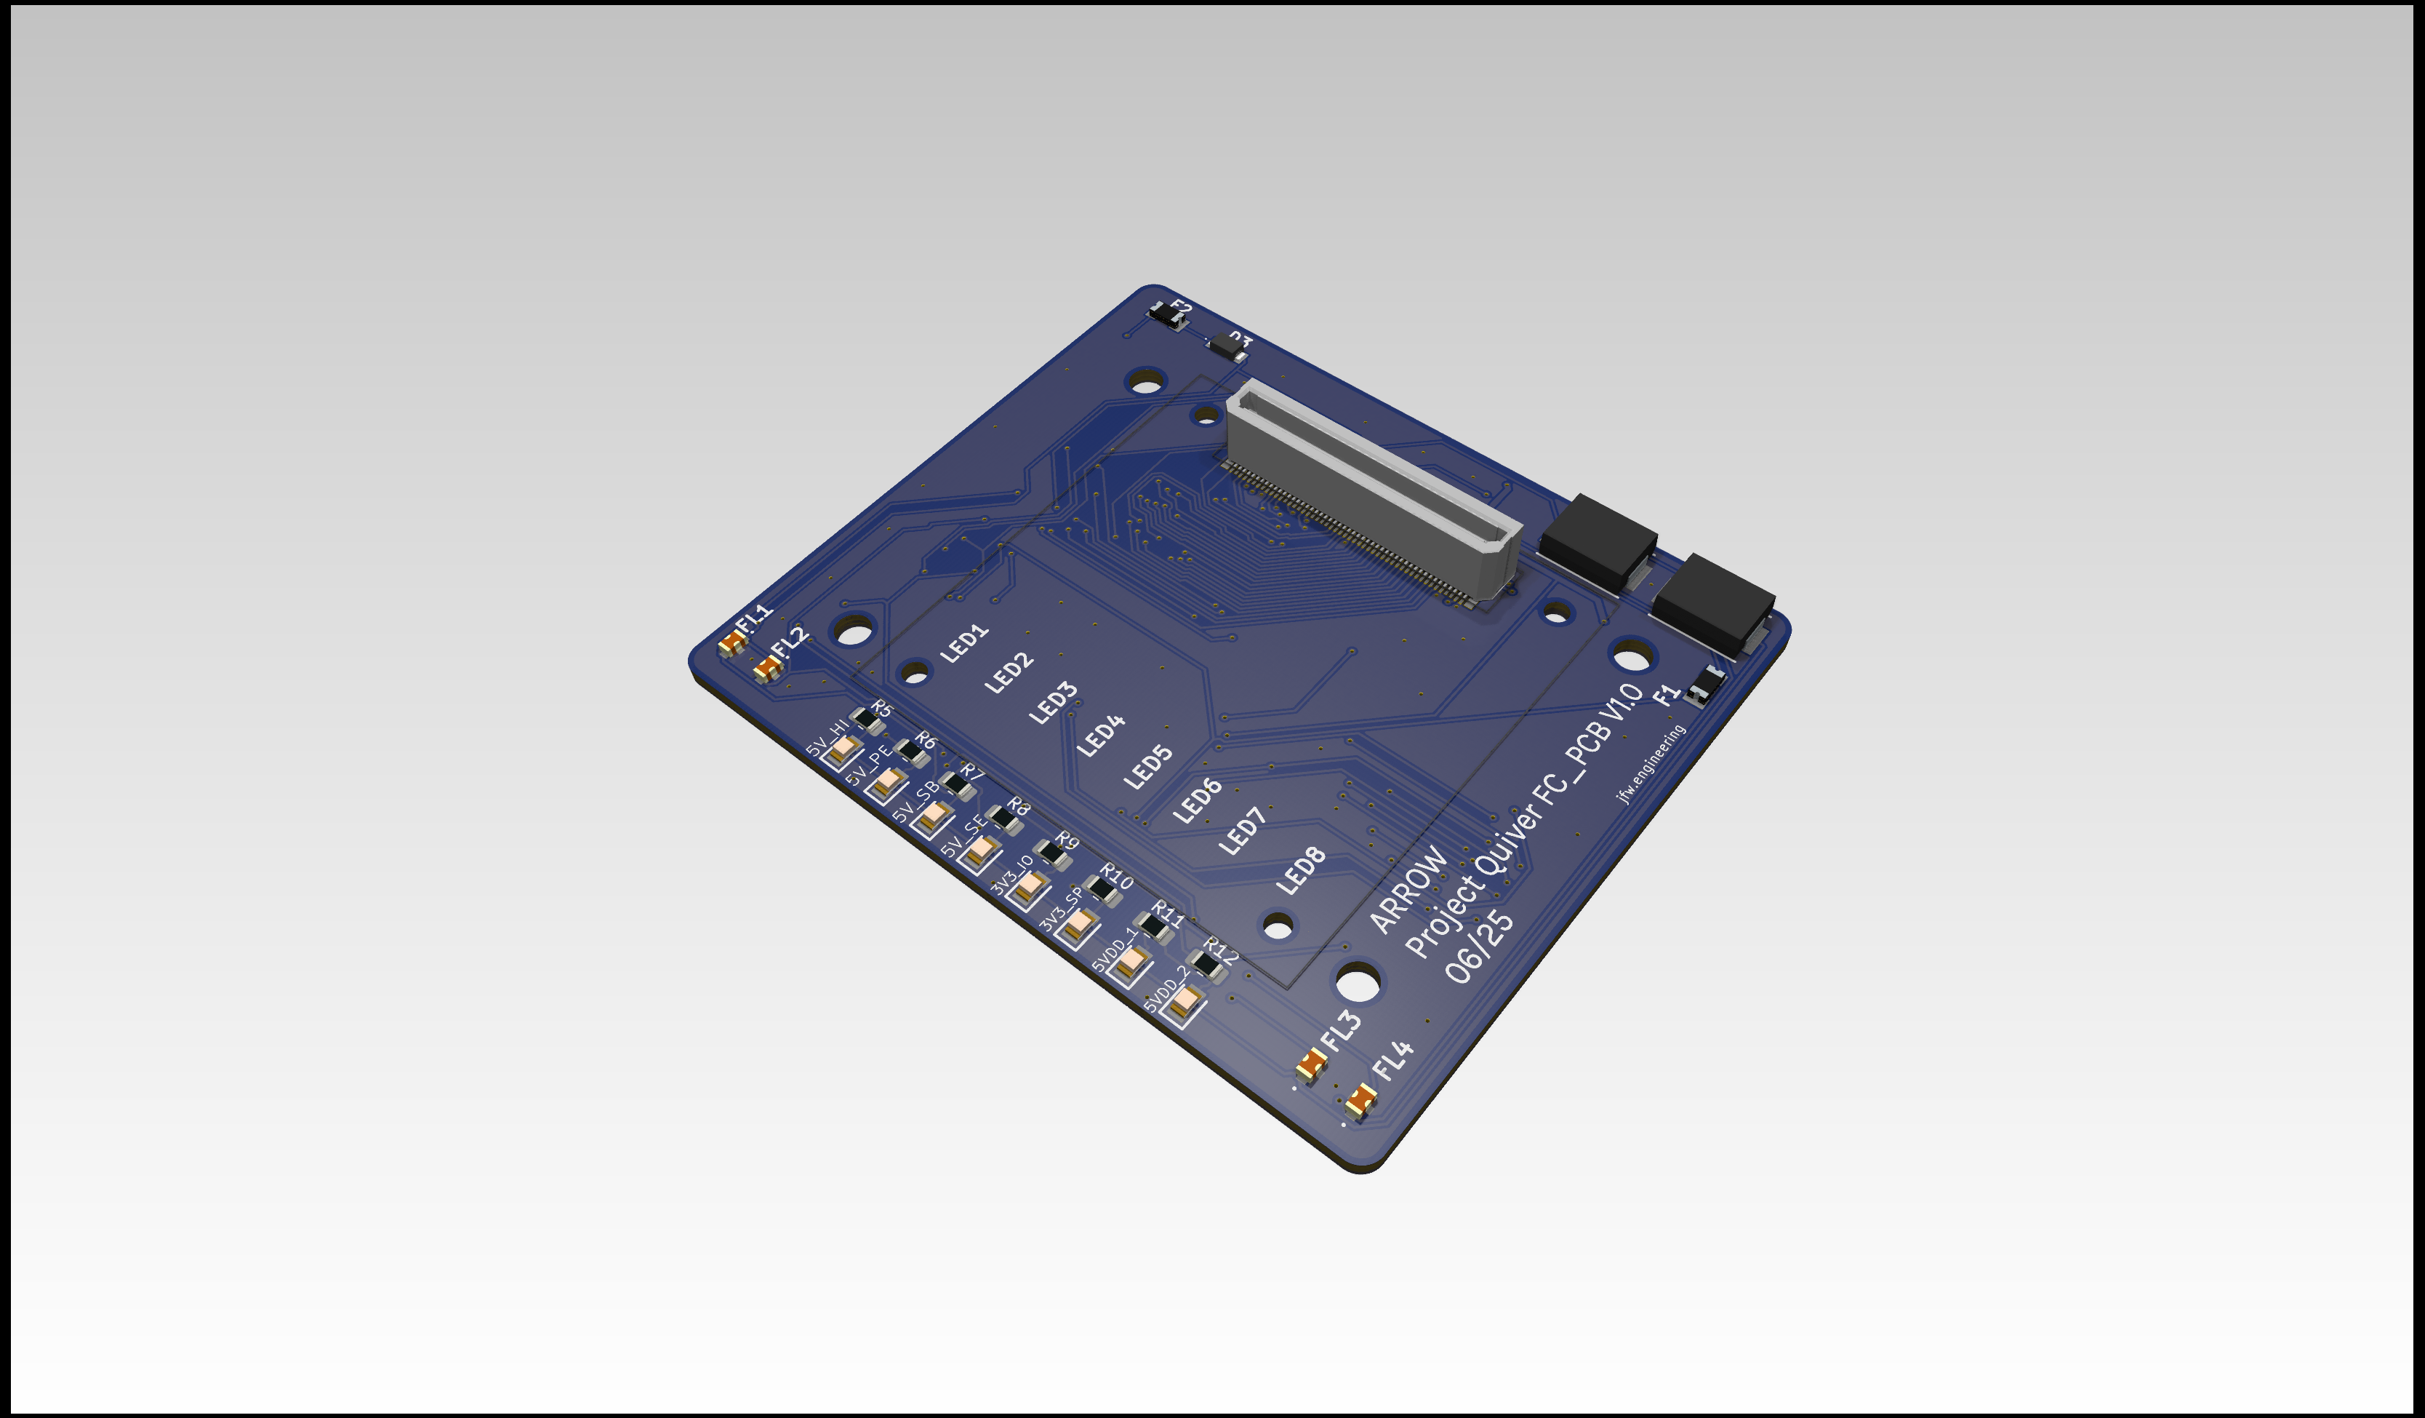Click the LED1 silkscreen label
(964, 643)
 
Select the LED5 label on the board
(1149, 768)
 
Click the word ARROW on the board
(1408, 890)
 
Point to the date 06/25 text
(1479, 948)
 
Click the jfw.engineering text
(1651, 763)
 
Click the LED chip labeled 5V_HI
(843, 749)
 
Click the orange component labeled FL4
(1360, 1099)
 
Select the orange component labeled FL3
(1310, 1064)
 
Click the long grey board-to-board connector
(1371, 491)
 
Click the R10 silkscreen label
(1116, 876)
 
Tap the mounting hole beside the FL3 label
(1358, 983)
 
